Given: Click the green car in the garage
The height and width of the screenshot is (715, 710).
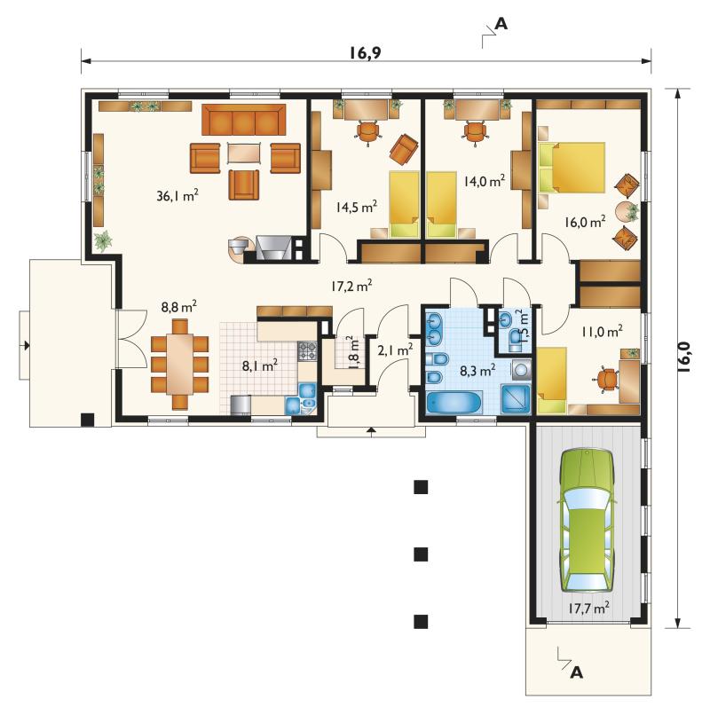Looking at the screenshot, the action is (587, 521).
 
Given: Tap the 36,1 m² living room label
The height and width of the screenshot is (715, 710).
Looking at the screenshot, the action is (177, 196).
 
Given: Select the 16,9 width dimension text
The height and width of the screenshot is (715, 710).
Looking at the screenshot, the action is (365, 53).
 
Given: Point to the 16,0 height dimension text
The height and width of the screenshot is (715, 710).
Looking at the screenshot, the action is (683, 358).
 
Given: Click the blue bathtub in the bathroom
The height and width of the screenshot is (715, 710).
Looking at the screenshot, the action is (454, 402).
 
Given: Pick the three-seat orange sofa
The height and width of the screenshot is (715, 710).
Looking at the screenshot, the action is (244, 120).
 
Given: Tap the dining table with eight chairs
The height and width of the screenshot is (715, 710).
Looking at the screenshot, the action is (180, 364).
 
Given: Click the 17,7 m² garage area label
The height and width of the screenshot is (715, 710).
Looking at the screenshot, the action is (588, 608).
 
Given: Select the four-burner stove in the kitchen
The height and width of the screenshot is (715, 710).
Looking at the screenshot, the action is (307, 351).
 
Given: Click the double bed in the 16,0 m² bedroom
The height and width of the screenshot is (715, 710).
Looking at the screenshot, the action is (572, 167).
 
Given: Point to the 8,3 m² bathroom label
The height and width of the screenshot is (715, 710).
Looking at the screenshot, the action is (477, 371).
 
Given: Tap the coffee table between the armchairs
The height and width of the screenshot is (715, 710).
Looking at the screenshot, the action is (245, 153).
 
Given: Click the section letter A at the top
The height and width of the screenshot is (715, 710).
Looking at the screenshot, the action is (501, 24).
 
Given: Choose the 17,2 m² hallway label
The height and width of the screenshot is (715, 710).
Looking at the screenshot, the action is (351, 286).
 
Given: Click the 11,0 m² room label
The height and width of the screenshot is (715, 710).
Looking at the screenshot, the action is (602, 331).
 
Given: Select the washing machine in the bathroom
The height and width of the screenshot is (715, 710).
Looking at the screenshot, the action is (521, 369).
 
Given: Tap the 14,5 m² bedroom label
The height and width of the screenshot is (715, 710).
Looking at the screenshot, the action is (357, 207).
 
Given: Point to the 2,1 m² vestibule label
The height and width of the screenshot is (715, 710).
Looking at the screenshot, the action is (395, 350).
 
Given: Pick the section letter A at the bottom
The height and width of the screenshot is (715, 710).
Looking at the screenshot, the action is (577, 672).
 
